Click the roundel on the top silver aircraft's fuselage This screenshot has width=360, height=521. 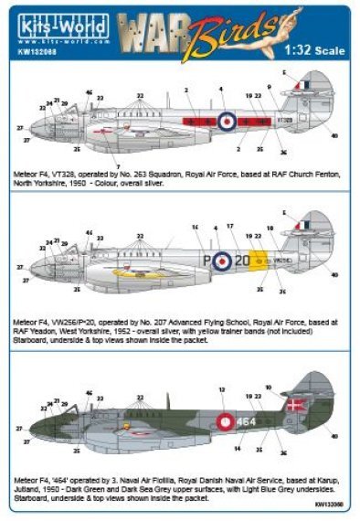coord(226,119)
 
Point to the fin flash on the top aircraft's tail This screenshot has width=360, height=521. coord(305,85)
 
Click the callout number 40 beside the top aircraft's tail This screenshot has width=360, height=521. coord(335,137)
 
